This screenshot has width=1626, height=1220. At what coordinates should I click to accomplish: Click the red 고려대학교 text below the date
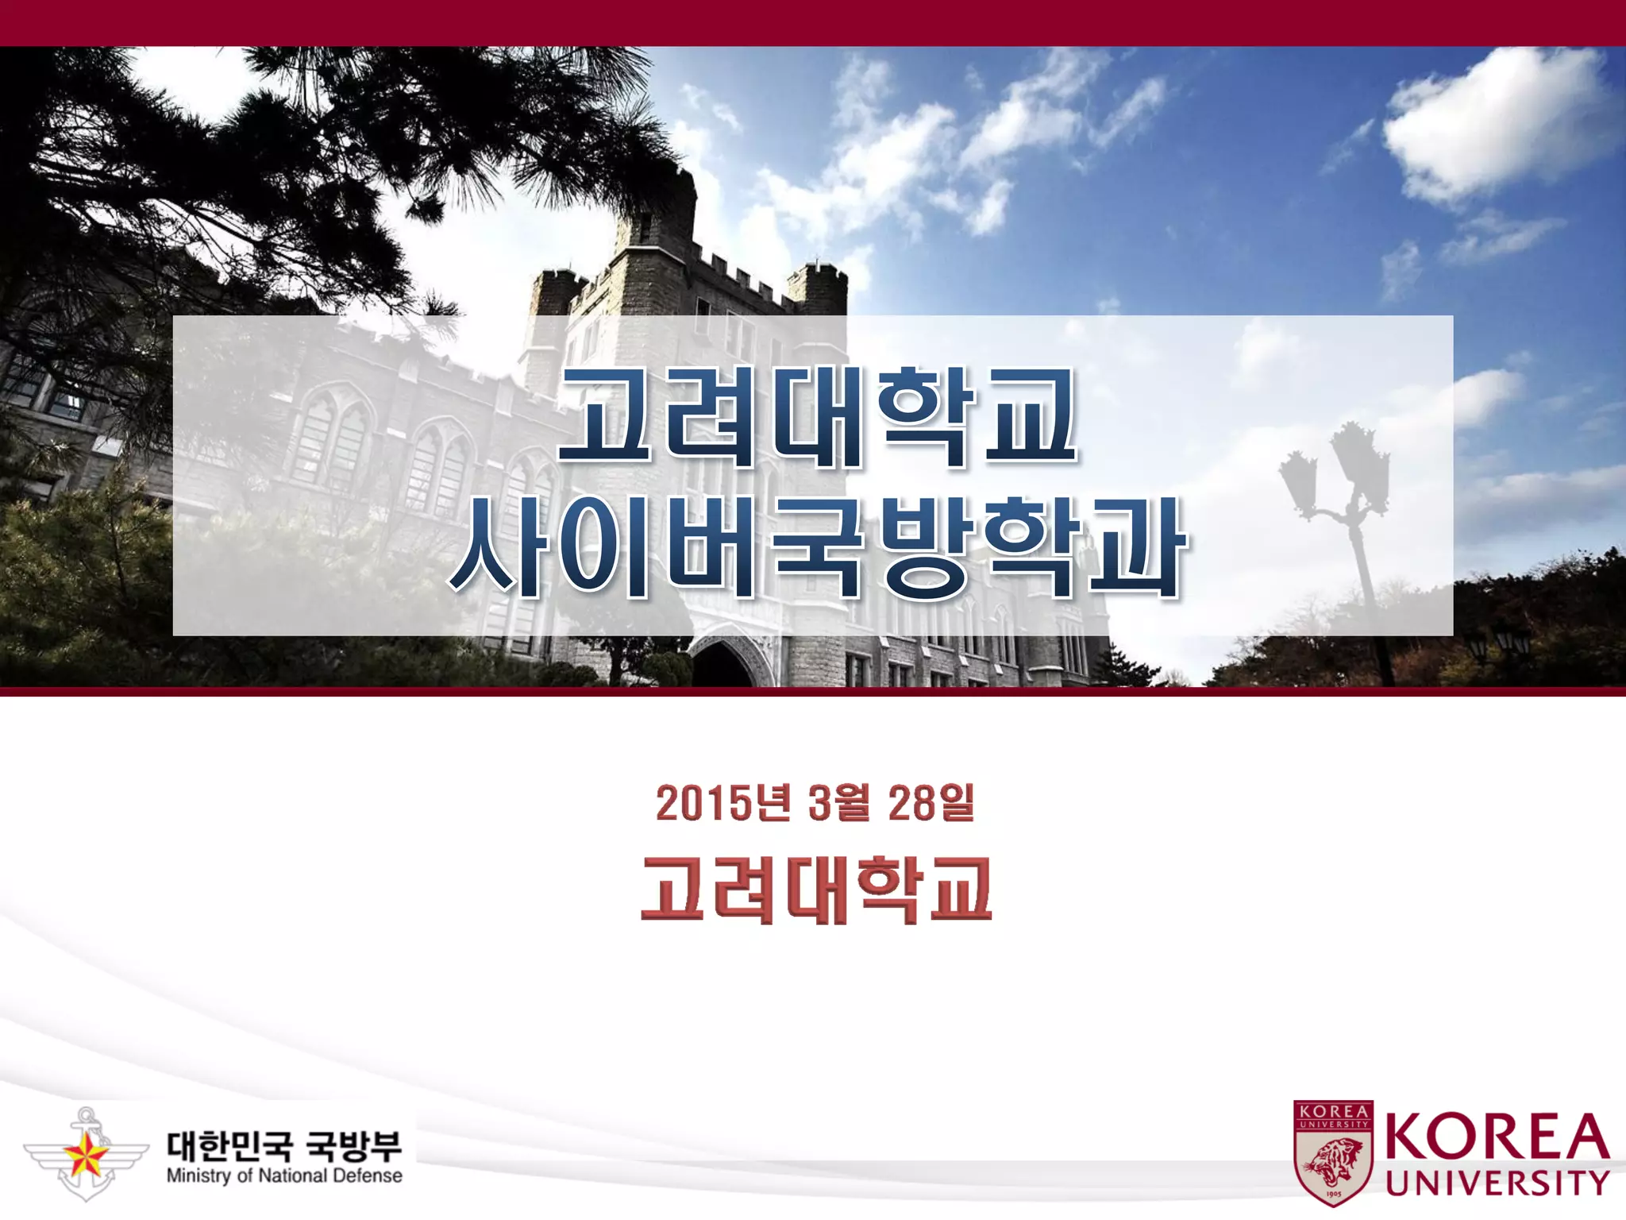(816, 890)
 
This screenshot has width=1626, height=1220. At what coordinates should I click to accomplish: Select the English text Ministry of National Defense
(284, 1176)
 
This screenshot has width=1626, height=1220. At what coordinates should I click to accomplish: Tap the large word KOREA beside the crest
(1497, 1137)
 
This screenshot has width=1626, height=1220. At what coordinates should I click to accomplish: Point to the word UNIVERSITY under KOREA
(1497, 1183)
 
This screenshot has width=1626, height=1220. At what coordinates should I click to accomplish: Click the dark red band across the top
(813, 22)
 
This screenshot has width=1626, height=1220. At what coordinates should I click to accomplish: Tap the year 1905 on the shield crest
(1334, 1193)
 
